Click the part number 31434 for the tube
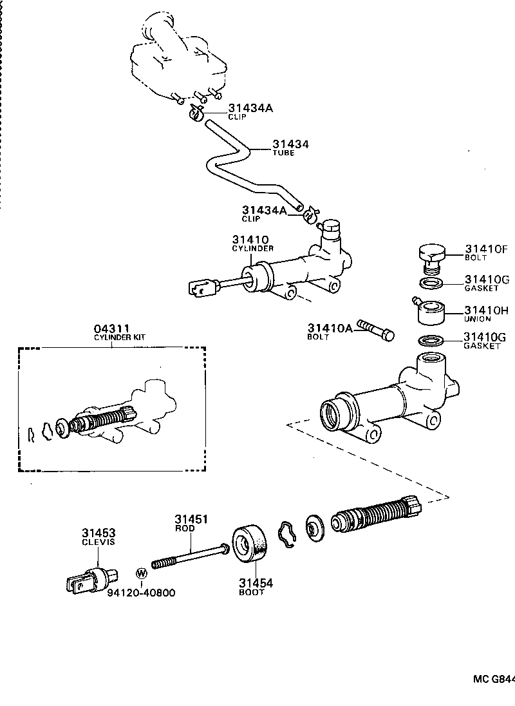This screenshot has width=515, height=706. [x=290, y=144]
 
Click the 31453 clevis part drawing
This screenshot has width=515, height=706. [x=91, y=578]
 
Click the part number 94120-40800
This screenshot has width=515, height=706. [x=141, y=593]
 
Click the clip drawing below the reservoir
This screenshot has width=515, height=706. [x=197, y=114]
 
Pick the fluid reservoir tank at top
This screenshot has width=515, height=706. [x=177, y=58]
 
